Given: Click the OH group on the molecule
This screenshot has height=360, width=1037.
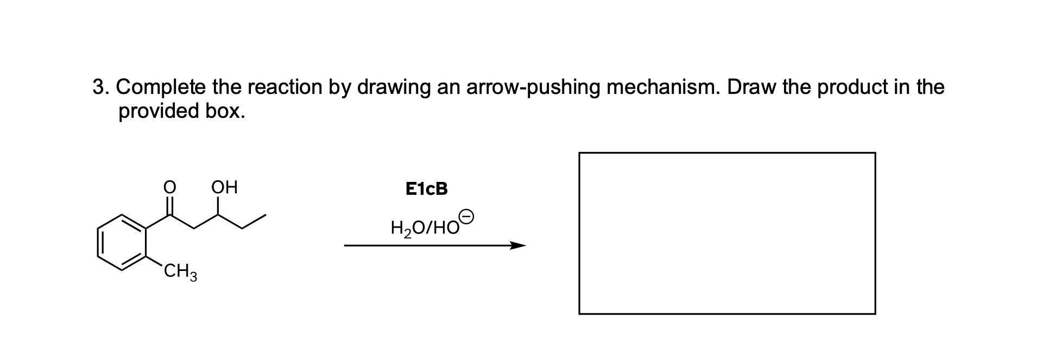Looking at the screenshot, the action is coord(224,188).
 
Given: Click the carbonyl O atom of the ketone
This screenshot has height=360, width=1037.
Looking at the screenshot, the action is coord(169,188).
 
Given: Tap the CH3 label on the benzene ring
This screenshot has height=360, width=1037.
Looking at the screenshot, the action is coord(181,270).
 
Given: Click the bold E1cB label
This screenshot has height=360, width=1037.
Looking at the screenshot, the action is coord(426,189).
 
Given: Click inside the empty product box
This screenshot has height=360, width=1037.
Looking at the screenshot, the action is coord(726,233).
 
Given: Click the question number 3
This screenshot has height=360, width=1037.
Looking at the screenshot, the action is coord(98,87).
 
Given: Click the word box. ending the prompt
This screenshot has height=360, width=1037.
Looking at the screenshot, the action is coord(225,111).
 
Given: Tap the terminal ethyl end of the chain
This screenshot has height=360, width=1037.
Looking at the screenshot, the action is coord(254,221).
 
